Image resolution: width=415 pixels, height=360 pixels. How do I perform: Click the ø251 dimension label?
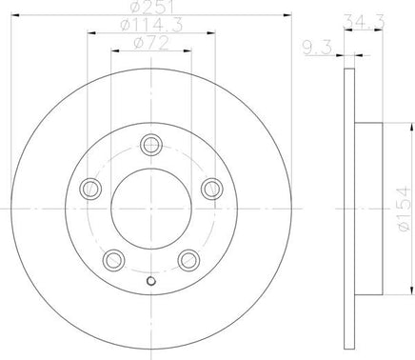coord(151,8)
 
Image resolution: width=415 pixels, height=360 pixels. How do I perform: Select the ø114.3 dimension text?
coord(152,26)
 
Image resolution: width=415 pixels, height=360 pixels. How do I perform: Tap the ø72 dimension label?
coord(151,43)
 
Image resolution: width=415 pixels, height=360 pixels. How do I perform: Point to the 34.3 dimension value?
coord(365,22)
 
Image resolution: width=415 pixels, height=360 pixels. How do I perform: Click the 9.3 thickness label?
coord(318,48)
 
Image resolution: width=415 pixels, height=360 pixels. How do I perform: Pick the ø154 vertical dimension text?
coord(405,209)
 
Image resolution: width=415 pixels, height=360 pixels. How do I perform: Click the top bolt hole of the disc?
coord(151,145)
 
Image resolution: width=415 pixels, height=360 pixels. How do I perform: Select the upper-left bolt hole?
coord(90,189)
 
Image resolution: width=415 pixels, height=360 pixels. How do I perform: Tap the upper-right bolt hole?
coord(212,189)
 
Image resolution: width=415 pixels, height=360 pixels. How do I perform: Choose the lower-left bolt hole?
coord(113,260)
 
